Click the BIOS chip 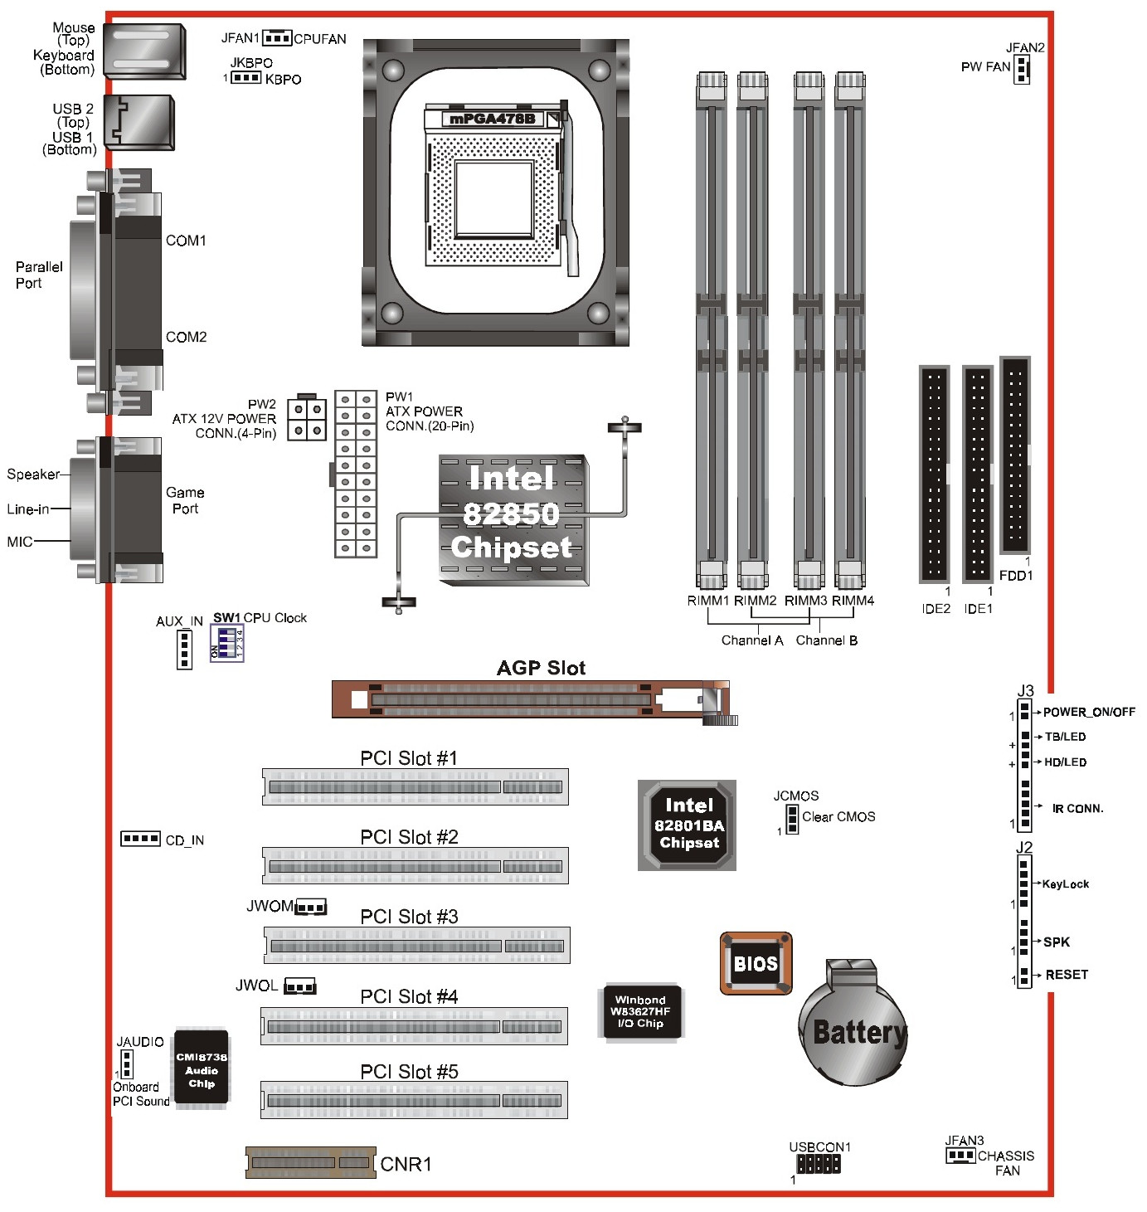(x=755, y=962)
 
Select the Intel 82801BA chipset (x=687, y=825)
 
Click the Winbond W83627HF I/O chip (x=640, y=1011)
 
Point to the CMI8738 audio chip (x=201, y=1068)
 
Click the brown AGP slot (x=534, y=701)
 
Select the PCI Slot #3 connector (x=416, y=944)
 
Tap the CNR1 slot (x=311, y=1162)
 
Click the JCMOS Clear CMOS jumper (x=792, y=820)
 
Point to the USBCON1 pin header (x=818, y=1163)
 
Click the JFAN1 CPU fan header (x=277, y=37)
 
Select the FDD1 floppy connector (x=1014, y=455)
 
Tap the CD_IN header (x=140, y=839)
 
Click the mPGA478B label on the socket (x=492, y=119)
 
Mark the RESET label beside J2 (x=1067, y=974)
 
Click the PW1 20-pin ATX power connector (x=356, y=474)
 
